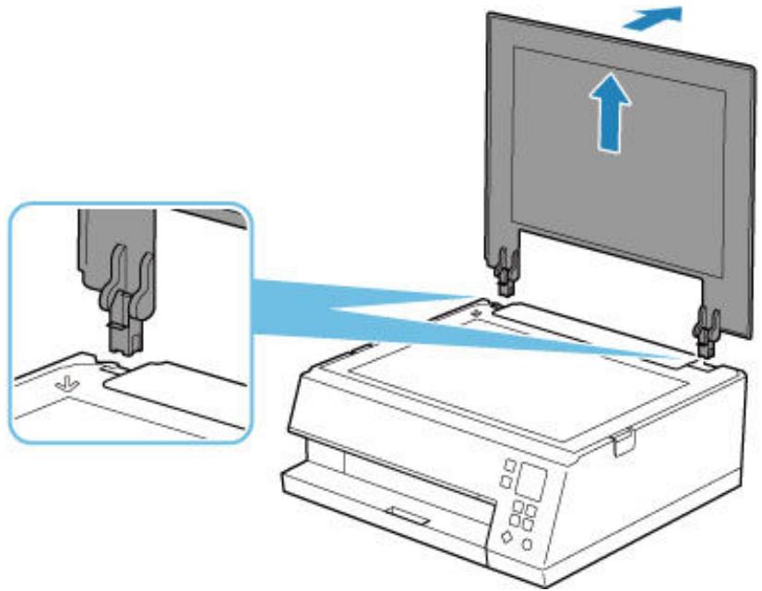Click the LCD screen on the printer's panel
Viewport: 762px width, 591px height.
tap(533, 482)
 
